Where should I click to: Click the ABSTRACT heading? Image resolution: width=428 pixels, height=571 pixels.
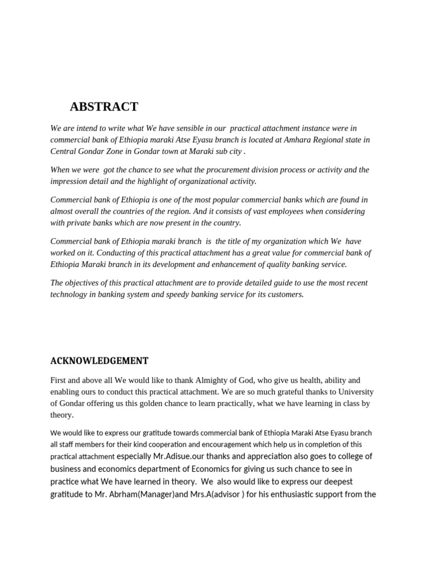(104, 107)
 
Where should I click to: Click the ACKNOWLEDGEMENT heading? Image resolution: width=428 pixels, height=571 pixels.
(99, 361)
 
